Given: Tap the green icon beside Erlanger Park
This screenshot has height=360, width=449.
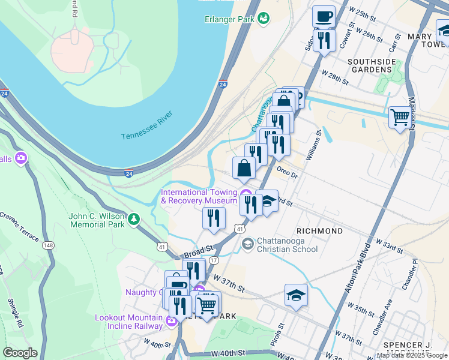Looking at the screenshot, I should tap(263, 19).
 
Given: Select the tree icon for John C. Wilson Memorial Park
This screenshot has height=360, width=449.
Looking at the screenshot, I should tap(134, 220).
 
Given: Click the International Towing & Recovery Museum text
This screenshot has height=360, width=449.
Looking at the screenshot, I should tap(198, 196).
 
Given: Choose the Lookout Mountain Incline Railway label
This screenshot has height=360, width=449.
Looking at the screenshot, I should tap(128, 322).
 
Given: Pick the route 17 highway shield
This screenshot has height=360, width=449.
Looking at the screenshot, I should tap(213, 261).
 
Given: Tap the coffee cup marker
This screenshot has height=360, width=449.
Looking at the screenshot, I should tap(324, 16).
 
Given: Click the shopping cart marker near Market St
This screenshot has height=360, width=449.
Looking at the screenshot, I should tap(399, 116).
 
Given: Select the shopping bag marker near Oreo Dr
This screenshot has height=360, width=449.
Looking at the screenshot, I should tap(244, 169).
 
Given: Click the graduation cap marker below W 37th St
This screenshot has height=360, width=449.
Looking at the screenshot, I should tap(296, 295).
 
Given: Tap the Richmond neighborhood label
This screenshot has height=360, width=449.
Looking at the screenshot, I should tap(319, 231).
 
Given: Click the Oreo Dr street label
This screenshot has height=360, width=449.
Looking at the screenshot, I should tap(288, 172).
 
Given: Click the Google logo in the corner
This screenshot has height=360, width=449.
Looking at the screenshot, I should tap(20, 353).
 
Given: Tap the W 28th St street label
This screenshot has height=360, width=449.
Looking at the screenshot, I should tap(335, 76).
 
